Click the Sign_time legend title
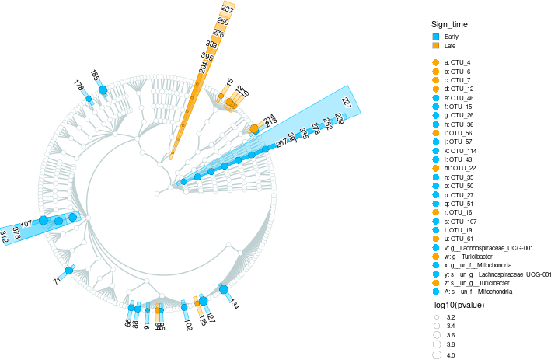tap(450, 25)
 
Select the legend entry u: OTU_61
tap(458, 239)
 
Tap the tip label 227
tap(347, 103)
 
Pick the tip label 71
tap(57, 280)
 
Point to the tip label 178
tap(79, 86)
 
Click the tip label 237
tap(227, 9)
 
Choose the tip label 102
tap(188, 324)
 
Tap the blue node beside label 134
tap(223, 290)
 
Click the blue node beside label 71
tap(68, 271)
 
